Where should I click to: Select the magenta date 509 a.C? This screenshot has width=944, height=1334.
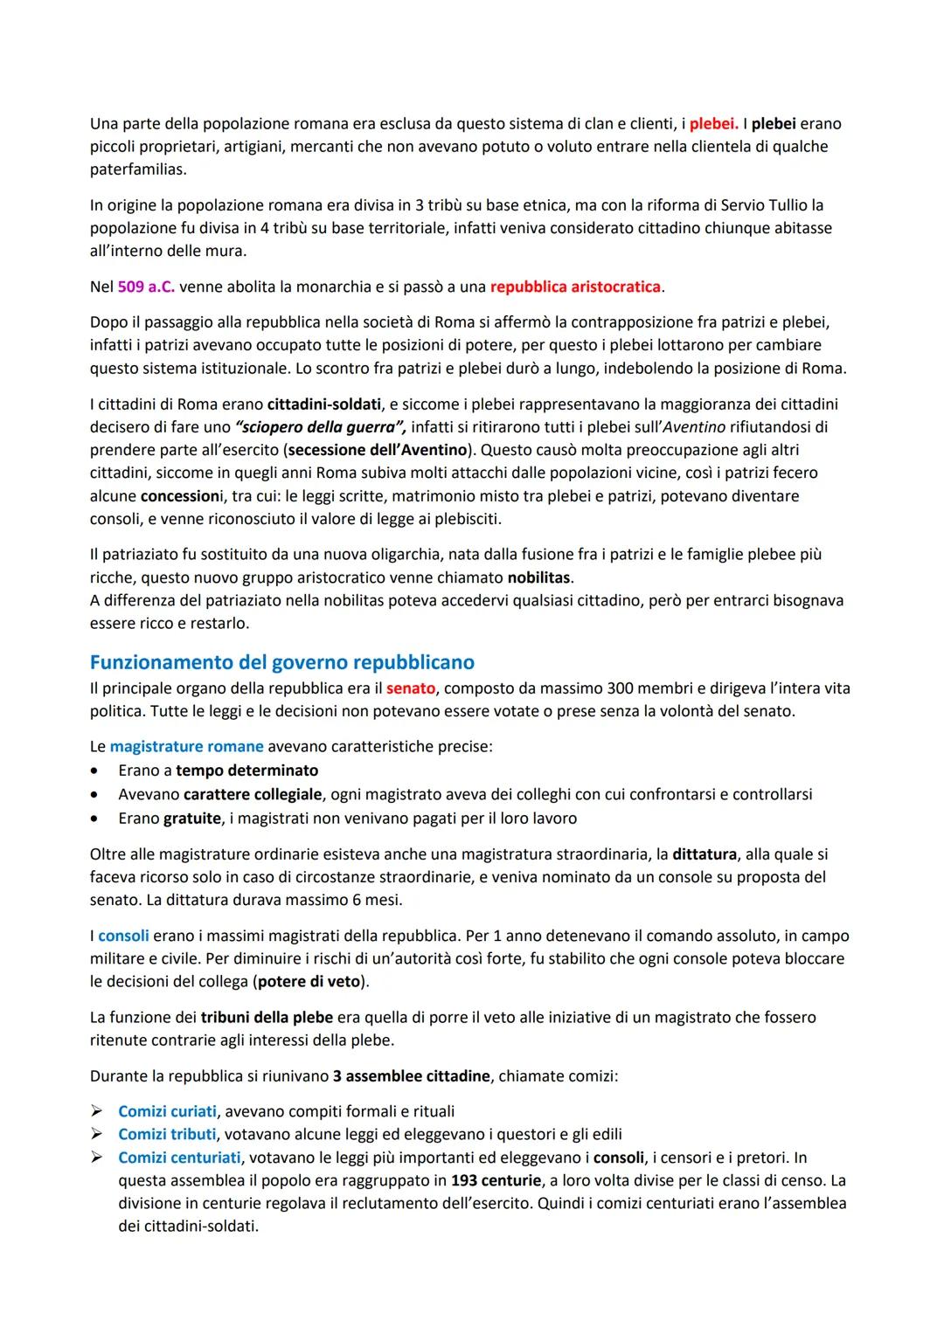pyautogui.click(x=146, y=287)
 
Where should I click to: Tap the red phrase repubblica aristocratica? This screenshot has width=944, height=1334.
pyautogui.click(x=575, y=287)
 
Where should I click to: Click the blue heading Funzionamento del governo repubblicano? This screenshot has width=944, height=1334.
pyautogui.click(x=281, y=662)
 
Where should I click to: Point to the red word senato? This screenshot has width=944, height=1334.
pyautogui.click(x=411, y=688)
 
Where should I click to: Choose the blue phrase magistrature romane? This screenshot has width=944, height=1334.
pyautogui.click(x=186, y=747)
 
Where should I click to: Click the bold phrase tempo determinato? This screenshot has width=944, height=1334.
pyautogui.click(x=246, y=771)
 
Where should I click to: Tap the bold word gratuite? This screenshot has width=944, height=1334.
pyautogui.click(x=192, y=819)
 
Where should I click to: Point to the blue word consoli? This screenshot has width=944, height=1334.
pyautogui.click(x=123, y=936)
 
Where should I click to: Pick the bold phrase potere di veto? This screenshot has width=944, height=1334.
pyautogui.click(x=309, y=981)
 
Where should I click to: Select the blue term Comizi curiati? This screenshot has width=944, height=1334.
pyautogui.click(x=167, y=1111)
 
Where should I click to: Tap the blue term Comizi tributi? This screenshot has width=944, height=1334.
pyautogui.click(x=167, y=1134)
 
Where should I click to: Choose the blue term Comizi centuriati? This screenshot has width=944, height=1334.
pyautogui.click(x=179, y=1158)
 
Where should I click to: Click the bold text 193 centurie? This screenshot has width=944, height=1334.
pyautogui.click(x=496, y=1180)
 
